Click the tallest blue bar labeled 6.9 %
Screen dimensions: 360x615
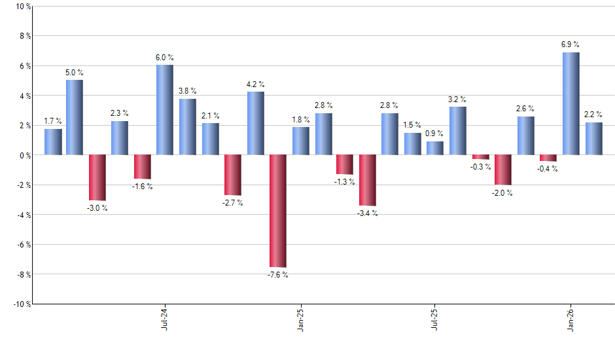point(571,103)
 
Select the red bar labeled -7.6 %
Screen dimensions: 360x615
point(277,211)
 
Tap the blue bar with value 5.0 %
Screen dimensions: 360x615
point(75,117)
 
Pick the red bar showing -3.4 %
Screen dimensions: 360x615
point(367,180)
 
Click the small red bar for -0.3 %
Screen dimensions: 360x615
point(480,157)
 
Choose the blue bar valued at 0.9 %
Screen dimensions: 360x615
point(434,149)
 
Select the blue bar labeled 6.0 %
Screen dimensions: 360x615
point(165,110)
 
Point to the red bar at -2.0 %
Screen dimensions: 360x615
point(502,170)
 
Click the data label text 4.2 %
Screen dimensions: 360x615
point(255,84)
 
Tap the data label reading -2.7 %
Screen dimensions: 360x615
point(232,203)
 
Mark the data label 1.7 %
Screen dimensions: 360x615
point(53,121)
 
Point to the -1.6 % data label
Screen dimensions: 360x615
point(142,187)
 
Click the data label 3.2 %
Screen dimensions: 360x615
point(457,99)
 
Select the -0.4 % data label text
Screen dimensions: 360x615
point(548,169)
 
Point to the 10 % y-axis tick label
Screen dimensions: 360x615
point(22,7)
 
